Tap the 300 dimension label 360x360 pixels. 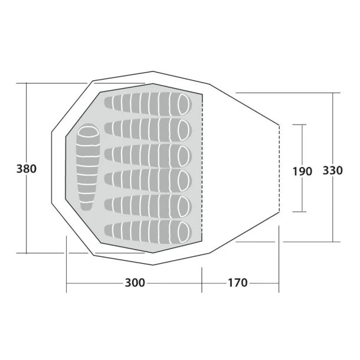click(x=135, y=283)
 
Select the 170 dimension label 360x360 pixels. click(x=237, y=283)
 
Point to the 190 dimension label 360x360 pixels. click(x=302, y=172)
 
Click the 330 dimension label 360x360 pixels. click(x=333, y=171)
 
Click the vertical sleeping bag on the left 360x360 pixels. click(x=87, y=167)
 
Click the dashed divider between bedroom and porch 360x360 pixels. click(x=202, y=171)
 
